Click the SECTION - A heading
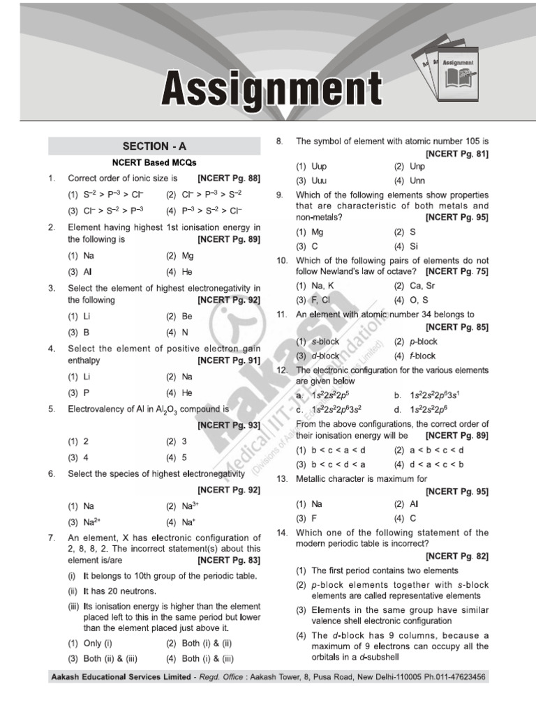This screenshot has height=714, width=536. (x=154, y=146)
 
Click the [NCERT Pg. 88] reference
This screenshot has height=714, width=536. (x=229, y=178)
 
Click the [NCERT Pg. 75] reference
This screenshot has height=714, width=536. (x=457, y=271)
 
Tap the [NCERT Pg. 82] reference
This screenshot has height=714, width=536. (x=457, y=556)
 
